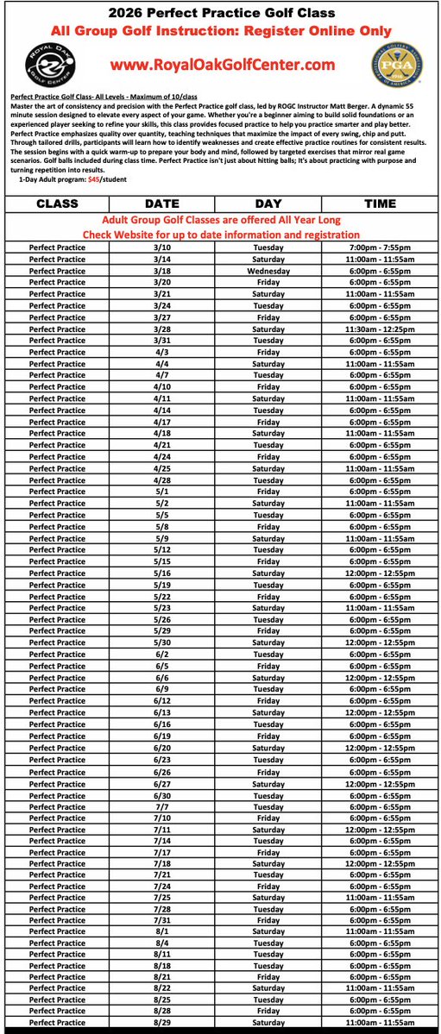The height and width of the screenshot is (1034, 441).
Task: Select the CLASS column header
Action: click(57, 204)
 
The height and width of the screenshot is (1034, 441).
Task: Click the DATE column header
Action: click(162, 204)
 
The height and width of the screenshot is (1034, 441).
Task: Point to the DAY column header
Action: click(268, 204)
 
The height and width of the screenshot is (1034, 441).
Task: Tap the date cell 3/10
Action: click(162, 247)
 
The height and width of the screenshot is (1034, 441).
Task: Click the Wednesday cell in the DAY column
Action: click(268, 270)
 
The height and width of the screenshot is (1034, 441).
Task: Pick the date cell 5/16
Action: click(162, 573)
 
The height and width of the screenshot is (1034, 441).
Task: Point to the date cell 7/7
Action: click(162, 806)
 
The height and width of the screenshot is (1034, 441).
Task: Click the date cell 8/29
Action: click(162, 1022)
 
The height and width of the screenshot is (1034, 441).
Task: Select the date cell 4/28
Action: click(162, 479)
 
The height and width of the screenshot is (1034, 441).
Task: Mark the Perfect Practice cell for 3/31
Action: click(57, 340)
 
